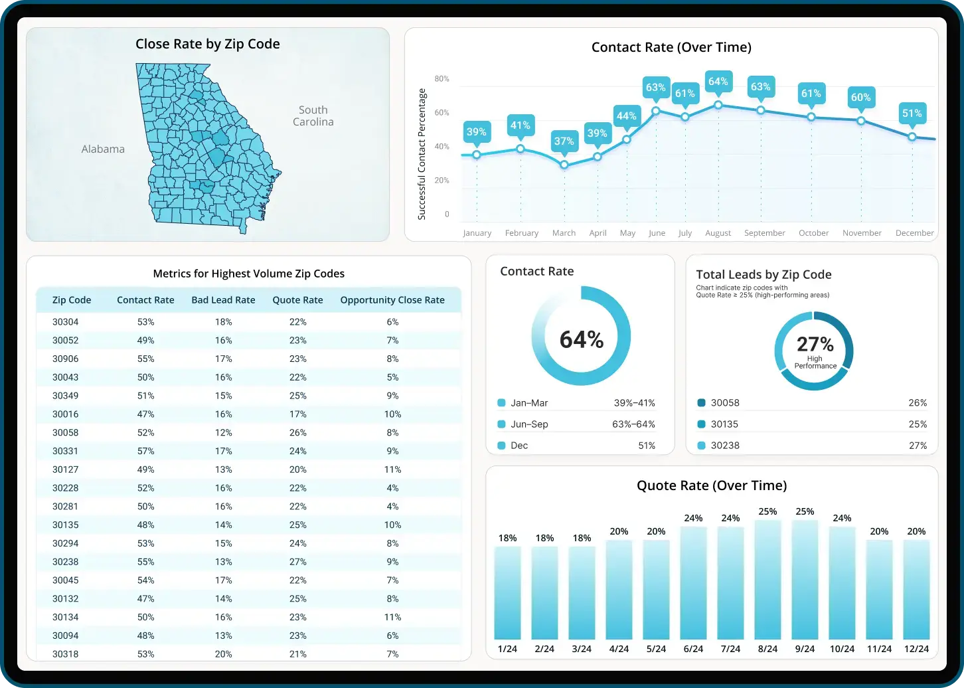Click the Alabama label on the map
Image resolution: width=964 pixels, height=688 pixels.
tap(103, 149)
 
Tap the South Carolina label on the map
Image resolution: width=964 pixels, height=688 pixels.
tap(313, 116)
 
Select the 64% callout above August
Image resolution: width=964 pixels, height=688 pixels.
tap(718, 82)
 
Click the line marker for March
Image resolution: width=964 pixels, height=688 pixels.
tap(564, 165)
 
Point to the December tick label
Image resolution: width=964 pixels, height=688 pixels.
tap(914, 233)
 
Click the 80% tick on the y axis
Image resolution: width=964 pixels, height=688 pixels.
tap(442, 79)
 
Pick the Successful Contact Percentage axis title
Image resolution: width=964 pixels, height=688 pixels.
tap(422, 154)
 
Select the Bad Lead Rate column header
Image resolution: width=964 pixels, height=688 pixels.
tap(223, 300)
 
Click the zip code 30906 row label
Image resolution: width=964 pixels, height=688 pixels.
tap(65, 359)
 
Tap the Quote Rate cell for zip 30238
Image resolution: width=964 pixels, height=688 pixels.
tap(297, 562)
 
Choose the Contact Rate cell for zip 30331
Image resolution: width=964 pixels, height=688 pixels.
tap(145, 451)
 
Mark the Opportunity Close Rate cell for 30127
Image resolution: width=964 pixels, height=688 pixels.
tap(392, 470)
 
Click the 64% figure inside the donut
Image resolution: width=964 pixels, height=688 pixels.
tap(582, 339)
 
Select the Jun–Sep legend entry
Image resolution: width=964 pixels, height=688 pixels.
tap(529, 424)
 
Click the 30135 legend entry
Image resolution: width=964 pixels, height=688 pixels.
tap(724, 424)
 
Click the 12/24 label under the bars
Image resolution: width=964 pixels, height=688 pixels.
tap(916, 649)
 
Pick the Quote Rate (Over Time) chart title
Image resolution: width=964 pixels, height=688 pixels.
tap(712, 485)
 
